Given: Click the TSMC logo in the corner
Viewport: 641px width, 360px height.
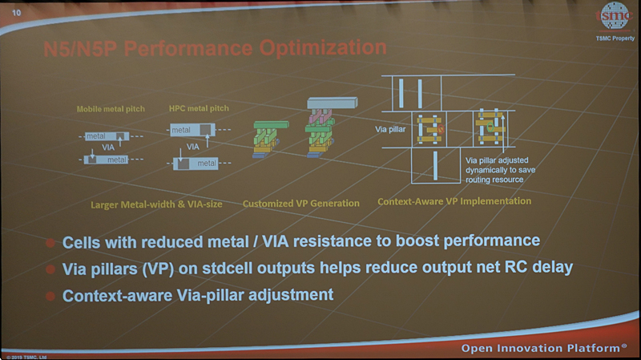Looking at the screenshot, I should [614, 17].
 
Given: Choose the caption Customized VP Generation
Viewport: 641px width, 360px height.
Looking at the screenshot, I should [301, 204].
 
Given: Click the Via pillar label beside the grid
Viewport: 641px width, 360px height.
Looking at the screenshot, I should [393, 127].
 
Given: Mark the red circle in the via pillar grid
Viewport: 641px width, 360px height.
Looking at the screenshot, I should [439, 128].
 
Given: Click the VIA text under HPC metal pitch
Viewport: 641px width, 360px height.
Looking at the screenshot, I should [193, 147].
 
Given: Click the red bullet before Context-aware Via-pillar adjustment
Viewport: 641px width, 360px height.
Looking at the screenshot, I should [50, 296].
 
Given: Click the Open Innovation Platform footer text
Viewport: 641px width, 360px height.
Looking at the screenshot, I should [544, 349].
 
